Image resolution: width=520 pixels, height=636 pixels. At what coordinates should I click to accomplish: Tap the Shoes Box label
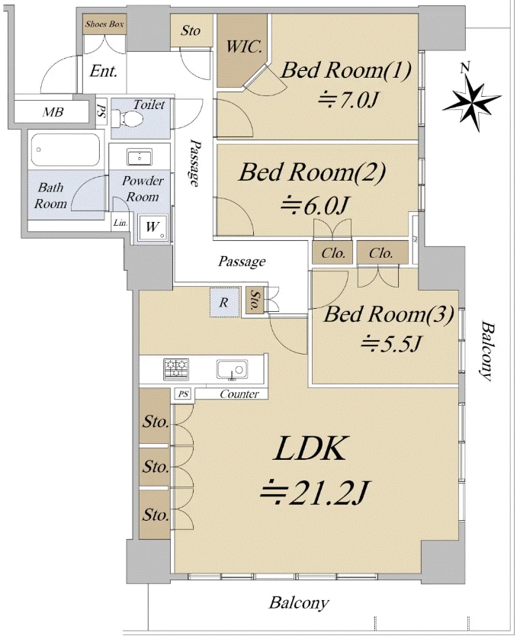tap(104, 24)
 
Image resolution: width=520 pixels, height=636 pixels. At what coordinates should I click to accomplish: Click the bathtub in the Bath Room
tap(65, 150)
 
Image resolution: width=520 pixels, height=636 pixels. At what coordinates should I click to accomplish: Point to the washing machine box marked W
tap(152, 227)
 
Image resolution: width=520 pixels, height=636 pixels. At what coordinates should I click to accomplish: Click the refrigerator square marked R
tap(223, 303)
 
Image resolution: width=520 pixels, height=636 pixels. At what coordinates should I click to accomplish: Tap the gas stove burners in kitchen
tap(176, 370)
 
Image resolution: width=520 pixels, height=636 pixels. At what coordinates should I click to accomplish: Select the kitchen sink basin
tap(232, 370)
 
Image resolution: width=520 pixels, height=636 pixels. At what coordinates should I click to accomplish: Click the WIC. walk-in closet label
tap(243, 46)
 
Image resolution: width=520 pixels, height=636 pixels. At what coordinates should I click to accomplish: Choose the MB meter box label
tap(53, 113)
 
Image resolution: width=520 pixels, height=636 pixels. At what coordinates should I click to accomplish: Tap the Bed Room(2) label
tap(312, 172)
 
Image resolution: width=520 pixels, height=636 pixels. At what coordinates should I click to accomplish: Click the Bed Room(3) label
tap(389, 314)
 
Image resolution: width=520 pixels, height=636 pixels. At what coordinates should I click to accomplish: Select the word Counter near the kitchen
tap(239, 394)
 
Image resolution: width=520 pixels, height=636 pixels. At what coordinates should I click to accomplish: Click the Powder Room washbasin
tap(139, 157)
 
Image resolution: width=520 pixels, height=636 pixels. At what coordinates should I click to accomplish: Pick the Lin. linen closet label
tap(120, 223)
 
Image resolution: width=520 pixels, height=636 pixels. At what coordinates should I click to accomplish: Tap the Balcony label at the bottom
tap(299, 602)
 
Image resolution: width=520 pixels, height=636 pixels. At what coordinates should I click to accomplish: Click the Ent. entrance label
tap(104, 72)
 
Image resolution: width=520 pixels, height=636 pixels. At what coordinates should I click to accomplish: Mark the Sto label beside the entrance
tap(191, 31)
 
